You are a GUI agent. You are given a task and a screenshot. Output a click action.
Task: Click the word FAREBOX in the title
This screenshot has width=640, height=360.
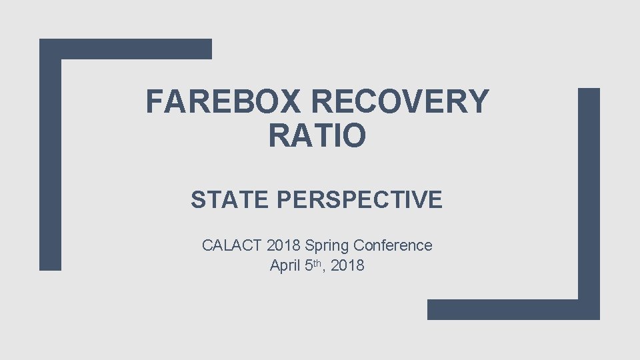tap(224, 102)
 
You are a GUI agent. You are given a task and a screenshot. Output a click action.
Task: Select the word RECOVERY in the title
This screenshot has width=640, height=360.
tap(400, 102)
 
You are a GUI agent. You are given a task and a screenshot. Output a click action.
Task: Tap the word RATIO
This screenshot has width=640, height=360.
tap(317, 135)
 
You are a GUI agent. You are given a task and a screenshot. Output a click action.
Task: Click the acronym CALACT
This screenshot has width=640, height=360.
tap(231, 245)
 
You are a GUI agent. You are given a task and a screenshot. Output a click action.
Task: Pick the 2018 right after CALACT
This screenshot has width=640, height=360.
tap(283, 245)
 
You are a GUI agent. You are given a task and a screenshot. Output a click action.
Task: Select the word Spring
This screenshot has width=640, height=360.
tap(327, 246)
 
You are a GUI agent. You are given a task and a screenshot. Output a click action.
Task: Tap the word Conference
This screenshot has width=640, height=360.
tap(393, 245)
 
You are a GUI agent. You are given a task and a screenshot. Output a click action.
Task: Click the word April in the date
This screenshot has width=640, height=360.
tap(285, 265)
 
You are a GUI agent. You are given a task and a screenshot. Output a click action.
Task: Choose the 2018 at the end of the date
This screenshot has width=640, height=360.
tap(347, 265)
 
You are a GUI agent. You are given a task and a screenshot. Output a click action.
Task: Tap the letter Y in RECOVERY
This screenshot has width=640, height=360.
tap(475, 102)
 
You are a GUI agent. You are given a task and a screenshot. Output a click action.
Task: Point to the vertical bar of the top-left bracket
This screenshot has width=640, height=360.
tap(50, 160)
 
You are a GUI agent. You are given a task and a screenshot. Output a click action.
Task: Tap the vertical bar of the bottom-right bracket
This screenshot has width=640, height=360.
tap(589, 200)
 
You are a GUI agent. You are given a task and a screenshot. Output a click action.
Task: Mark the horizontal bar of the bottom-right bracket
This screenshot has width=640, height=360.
tap(507, 309)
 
